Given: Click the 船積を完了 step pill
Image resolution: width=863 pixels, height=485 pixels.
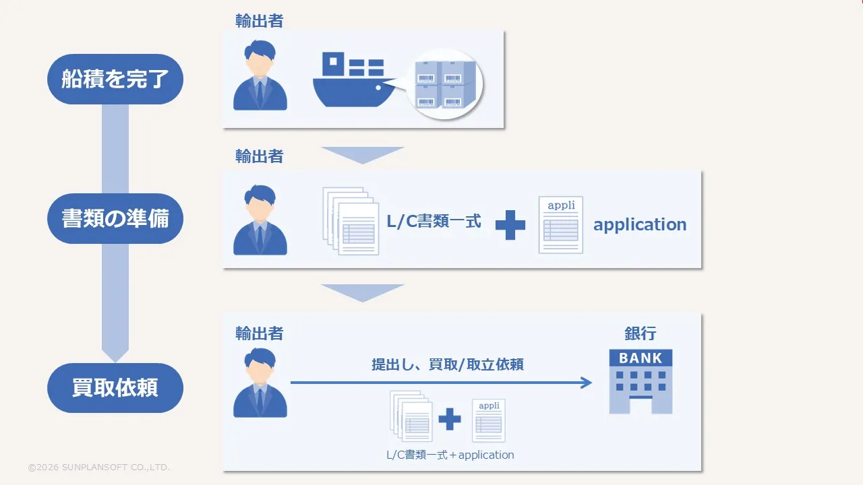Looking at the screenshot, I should tap(115, 79).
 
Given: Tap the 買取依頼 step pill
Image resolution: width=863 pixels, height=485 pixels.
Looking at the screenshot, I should tap(115, 389).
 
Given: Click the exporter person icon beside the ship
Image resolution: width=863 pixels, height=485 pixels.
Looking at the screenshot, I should tap(260, 75).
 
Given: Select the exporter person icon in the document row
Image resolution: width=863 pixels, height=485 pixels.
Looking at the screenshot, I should tap(260, 220).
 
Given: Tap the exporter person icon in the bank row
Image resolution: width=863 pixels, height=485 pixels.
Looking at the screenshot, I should tap(260, 382).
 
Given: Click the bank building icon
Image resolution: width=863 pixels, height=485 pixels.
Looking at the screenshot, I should tap(641, 381).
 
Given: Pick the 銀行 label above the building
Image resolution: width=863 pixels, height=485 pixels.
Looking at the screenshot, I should tap(641, 333).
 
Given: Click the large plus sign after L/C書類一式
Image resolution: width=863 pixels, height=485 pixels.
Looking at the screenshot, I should tap(510, 224).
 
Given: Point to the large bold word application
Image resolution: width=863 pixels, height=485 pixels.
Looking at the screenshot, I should tap(640, 224).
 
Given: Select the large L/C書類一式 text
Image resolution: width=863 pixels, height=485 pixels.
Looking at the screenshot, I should tap(434, 222).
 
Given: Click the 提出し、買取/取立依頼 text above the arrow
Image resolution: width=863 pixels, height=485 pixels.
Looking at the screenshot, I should tap(448, 364).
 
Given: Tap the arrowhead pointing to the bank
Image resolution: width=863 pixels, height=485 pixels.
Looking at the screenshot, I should tap(586, 383).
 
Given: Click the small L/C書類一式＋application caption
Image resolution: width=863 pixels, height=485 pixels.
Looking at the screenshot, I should tap(450, 455).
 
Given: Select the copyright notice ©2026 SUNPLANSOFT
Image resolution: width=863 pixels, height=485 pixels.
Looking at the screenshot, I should tap(98, 467).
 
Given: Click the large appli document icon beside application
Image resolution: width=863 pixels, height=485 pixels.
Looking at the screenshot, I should tap(561, 225).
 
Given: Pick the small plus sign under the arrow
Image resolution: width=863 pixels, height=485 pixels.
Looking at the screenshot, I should tap(450, 419).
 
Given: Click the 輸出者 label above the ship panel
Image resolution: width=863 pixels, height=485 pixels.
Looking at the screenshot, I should tap(259, 21).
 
